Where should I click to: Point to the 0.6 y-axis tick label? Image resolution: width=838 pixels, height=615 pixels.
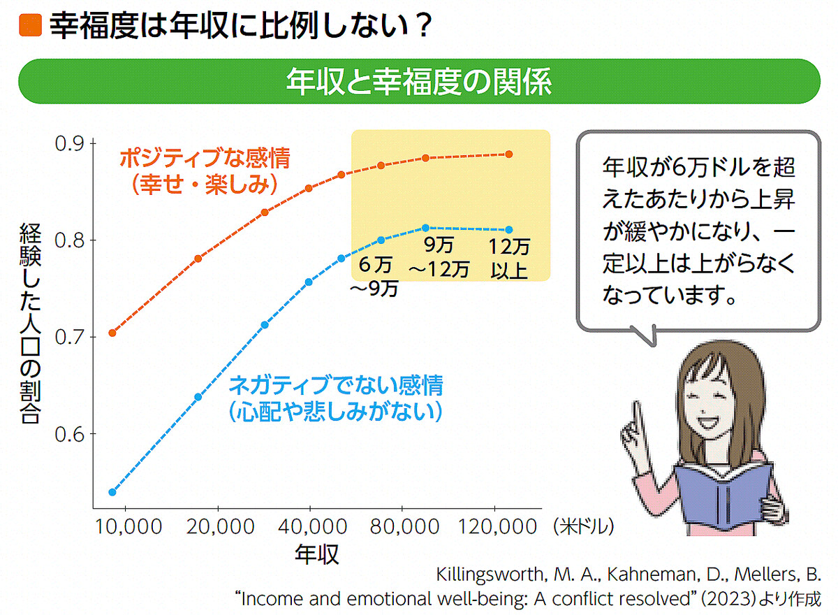coord(70,435)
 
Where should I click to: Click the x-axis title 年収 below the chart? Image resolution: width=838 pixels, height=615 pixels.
coord(316,554)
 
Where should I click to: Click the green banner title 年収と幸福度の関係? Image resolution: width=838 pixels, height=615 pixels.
coord(418,82)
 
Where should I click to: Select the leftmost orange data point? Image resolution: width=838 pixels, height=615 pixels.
coord(112,333)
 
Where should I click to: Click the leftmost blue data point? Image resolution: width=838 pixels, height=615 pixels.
coord(112,492)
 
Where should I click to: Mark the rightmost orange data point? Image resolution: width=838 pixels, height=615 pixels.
coord(509,154)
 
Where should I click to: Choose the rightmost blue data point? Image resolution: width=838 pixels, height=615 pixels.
coord(509,229)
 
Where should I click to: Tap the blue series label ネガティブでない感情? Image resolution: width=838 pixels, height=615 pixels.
coord(335,385)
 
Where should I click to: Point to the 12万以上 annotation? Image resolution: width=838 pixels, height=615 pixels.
coord(508,258)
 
